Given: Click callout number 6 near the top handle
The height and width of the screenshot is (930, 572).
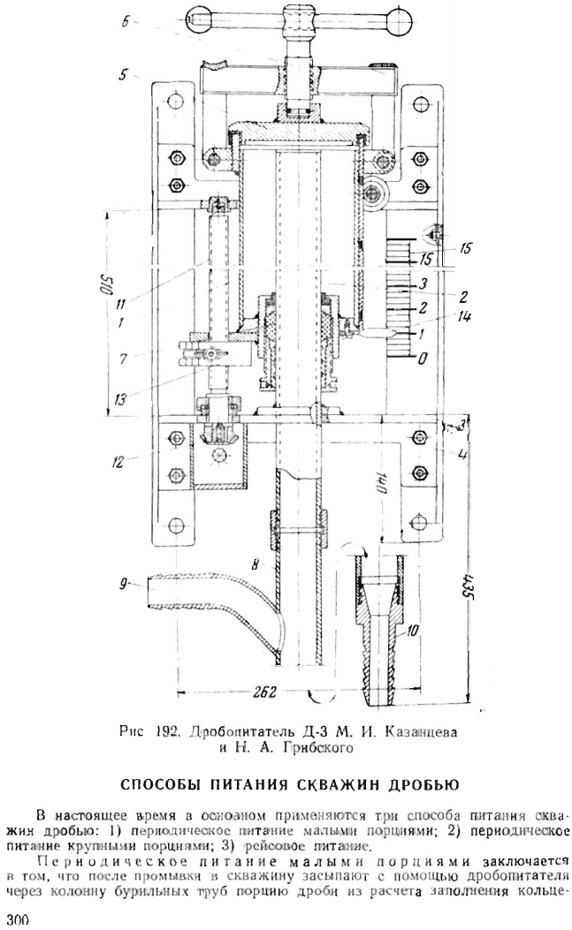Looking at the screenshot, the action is [126, 23].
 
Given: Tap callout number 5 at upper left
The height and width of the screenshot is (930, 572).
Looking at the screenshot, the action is [122, 76].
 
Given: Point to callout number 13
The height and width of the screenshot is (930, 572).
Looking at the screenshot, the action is [120, 399].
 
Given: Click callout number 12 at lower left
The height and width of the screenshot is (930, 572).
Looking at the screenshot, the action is [118, 461].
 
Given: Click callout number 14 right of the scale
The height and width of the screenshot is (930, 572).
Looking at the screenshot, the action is [464, 317].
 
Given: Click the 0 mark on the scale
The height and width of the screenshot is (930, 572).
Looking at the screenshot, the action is [421, 359].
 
